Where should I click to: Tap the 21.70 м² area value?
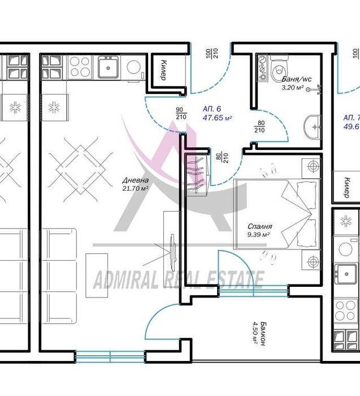point(135,188)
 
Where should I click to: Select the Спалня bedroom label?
point(258,225)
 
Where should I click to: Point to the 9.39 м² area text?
point(258,234)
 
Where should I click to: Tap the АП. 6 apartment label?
point(213,109)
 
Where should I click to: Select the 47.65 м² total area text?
point(217,118)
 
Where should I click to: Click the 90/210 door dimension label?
point(181,113)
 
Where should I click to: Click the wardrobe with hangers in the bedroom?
point(195,175)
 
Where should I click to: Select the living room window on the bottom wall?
point(110,357)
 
